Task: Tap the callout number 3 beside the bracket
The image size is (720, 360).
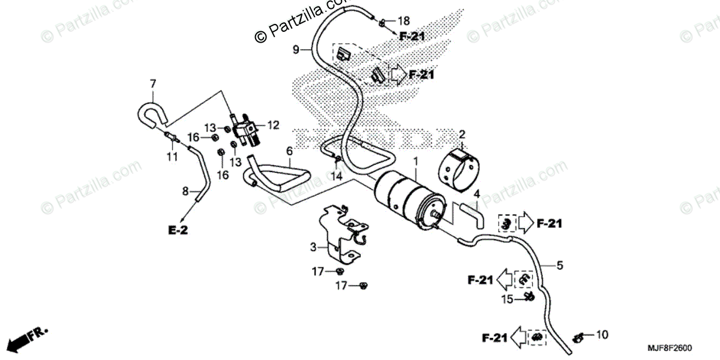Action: (313, 247)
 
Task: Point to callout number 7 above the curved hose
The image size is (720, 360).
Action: (152, 83)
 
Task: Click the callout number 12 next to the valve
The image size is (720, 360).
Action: (273, 125)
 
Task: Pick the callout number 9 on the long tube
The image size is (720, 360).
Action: (295, 50)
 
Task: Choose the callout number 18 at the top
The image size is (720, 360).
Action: (403, 21)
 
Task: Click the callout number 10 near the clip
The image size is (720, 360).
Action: (602, 334)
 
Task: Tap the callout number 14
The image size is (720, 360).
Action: (337, 178)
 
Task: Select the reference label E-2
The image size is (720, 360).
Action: (178, 230)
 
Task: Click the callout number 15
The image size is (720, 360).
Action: (508, 299)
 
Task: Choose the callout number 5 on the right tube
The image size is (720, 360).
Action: (560, 265)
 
